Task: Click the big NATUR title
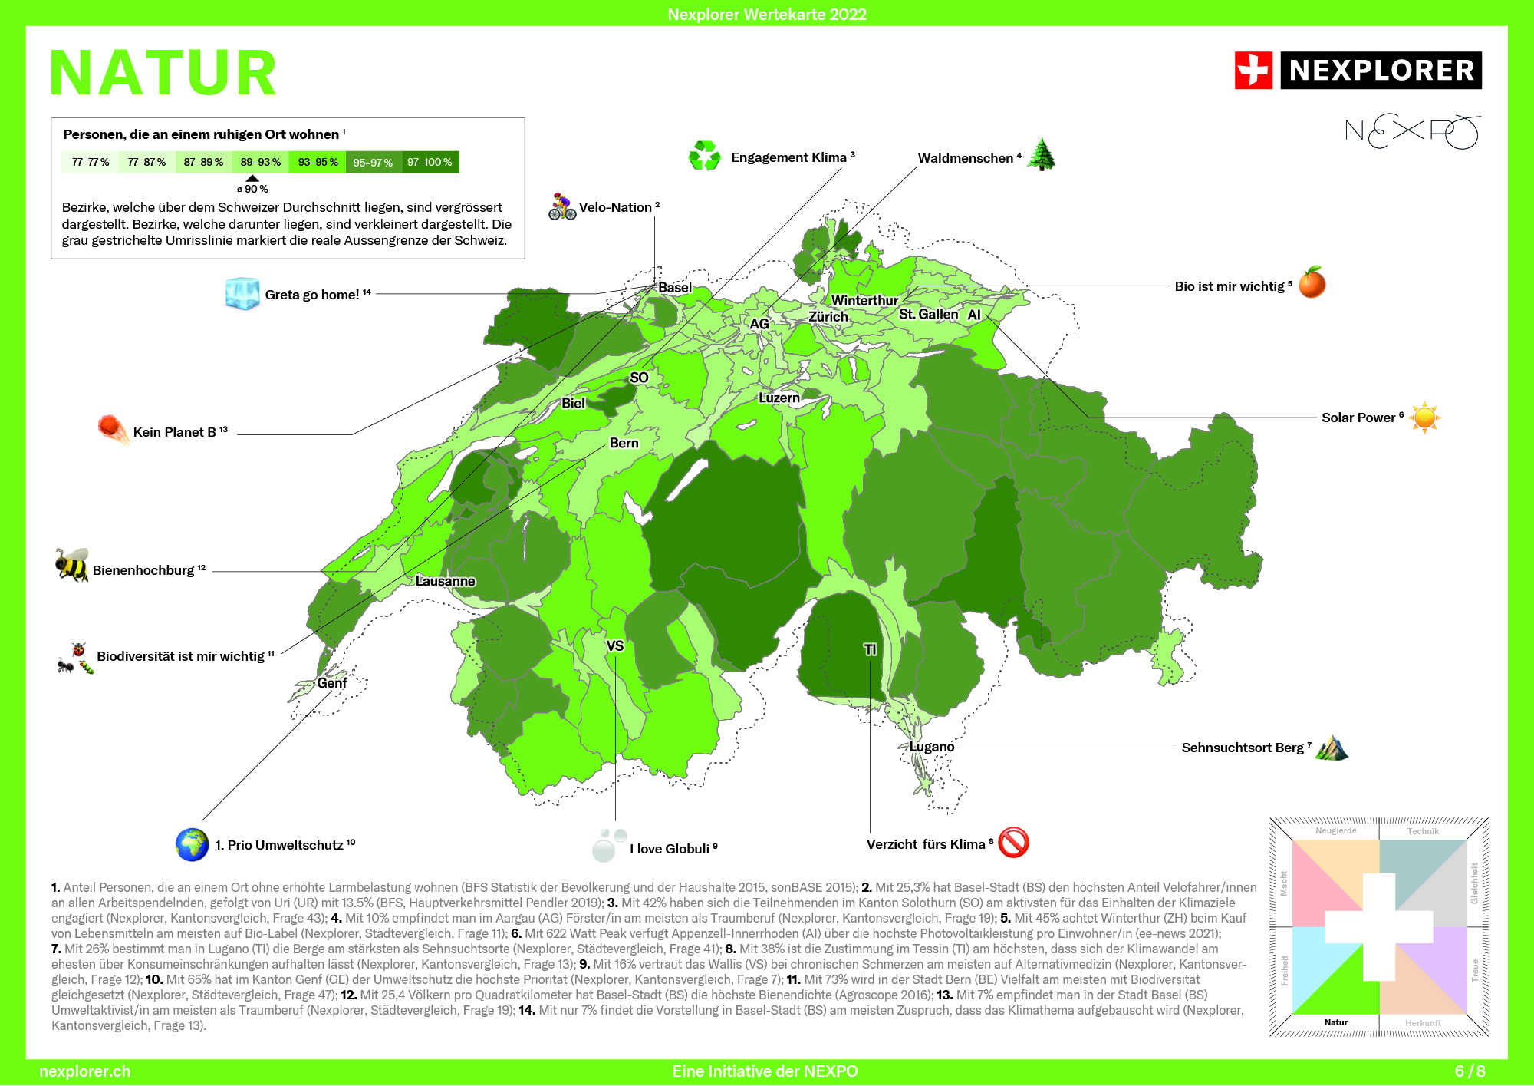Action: (163, 74)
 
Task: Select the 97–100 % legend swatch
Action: (430, 162)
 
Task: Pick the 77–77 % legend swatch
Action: (90, 162)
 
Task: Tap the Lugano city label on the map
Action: (932, 747)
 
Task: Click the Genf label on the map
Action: (332, 683)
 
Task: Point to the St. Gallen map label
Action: (928, 314)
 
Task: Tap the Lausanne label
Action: (445, 581)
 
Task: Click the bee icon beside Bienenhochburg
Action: (71, 565)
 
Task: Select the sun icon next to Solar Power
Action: (1424, 418)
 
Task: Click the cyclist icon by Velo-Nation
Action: (561, 206)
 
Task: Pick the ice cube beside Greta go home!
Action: (242, 293)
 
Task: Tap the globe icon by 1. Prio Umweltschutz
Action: (192, 844)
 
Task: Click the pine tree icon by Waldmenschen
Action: (1041, 154)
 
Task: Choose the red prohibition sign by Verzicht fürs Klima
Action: (1013, 843)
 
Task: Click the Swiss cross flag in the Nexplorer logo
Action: (1253, 71)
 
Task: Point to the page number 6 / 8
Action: (1470, 1071)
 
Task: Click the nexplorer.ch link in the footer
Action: (84, 1071)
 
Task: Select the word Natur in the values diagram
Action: (1335, 1022)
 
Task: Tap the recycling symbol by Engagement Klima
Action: (704, 156)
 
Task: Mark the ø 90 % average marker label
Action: (252, 189)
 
